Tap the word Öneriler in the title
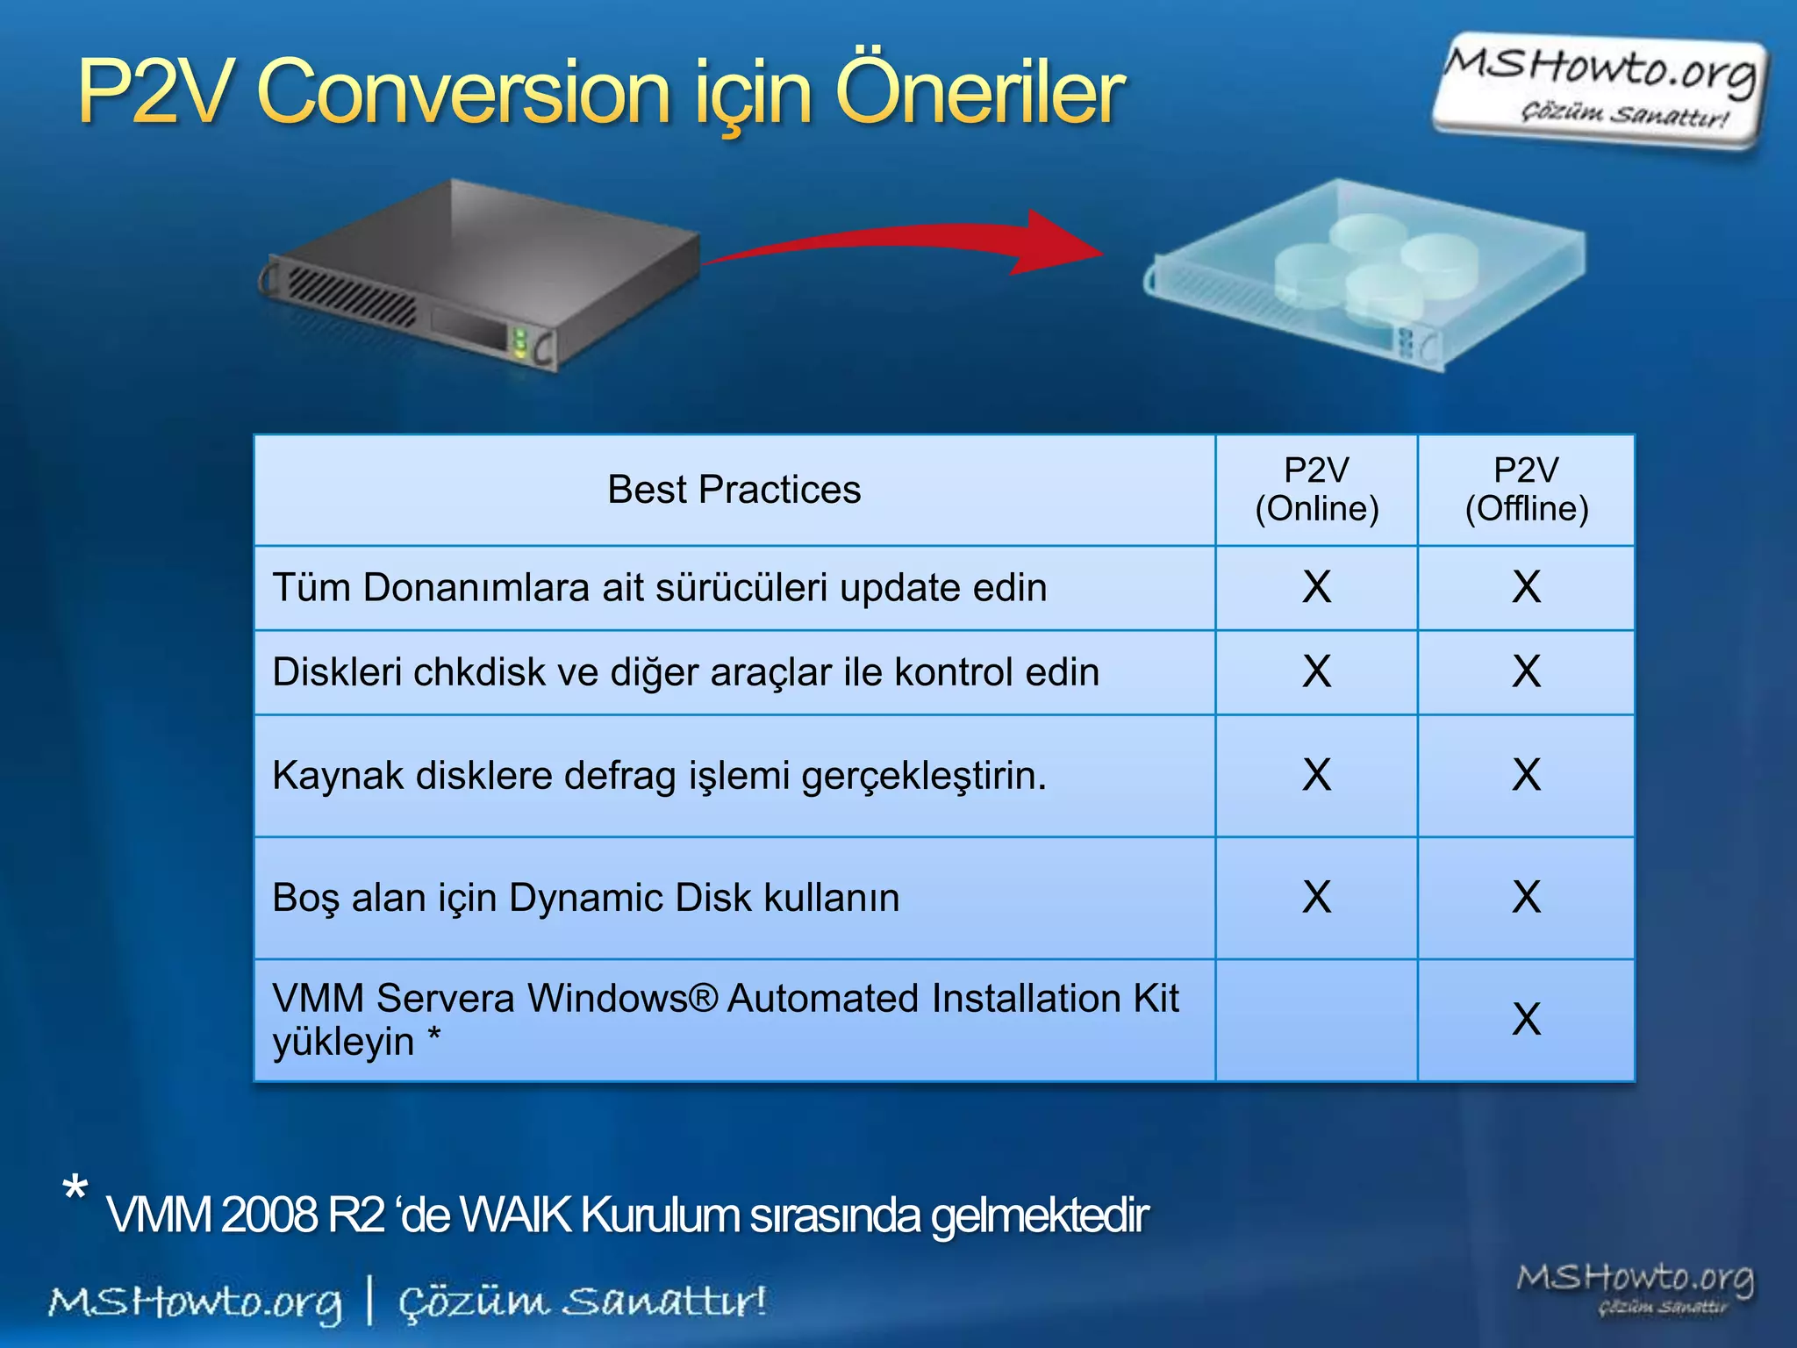pos(978,92)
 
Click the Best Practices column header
pos(734,490)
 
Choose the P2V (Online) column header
pos(1316,490)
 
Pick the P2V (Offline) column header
pos(1526,490)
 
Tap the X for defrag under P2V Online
pos(1316,775)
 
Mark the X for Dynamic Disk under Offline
pos(1526,897)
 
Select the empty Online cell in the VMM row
pos(1316,1020)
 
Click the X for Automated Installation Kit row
pos(1526,1020)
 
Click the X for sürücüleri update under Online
pos(1316,587)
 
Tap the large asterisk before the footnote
pos(75,1191)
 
